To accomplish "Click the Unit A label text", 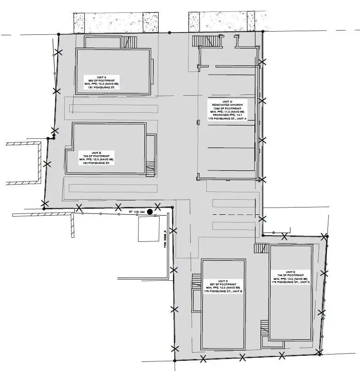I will (x=101, y=83).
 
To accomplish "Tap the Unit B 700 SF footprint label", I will (x=97, y=158).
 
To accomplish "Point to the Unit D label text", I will (x=223, y=286).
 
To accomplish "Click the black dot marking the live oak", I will (x=150, y=212).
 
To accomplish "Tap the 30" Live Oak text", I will (x=137, y=212).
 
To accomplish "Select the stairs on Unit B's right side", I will (x=150, y=169).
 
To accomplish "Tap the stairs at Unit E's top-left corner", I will (x=261, y=248).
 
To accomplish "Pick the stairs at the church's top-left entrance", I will (x=200, y=42).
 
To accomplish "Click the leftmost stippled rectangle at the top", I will (x=79, y=23).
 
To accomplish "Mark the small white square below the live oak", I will (x=148, y=229).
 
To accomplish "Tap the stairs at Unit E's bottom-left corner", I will (x=264, y=327).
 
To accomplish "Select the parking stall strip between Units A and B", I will (x=112, y=109).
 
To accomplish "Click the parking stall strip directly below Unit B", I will (x=112, y=188).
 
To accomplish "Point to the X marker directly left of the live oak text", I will (x=118, y=207).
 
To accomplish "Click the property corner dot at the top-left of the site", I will (x=58, y=33).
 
